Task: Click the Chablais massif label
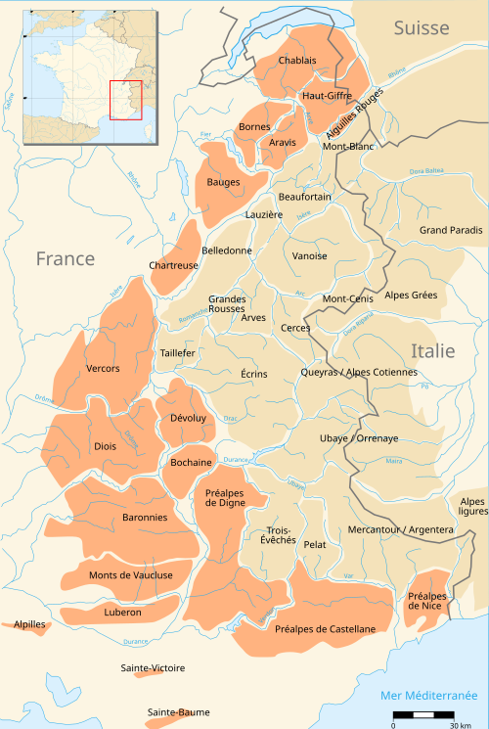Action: click(297, 60)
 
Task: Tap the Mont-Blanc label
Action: click(348, 147)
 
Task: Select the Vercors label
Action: click(103, 369)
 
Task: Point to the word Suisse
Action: click(422, 28)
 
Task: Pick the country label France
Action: click(66, 258)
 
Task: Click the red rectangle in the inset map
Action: click(126, 100)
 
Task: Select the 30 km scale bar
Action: click(423, 716)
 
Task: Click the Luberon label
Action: click(122, 613)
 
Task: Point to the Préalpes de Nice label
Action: click(427, 601)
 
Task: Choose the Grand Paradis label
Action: click(451, 230)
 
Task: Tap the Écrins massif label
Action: click(253, 374)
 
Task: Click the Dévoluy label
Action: click(187, 418)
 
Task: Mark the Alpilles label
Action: click(29, 623)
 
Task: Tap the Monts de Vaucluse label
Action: click(130, 575)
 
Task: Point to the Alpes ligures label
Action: click(471, 506)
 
